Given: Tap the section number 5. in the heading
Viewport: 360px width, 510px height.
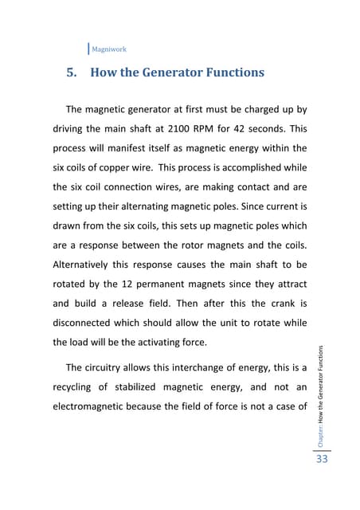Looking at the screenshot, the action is click(72, 73).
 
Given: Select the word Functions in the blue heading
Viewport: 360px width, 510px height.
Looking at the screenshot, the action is click(227, 73).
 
